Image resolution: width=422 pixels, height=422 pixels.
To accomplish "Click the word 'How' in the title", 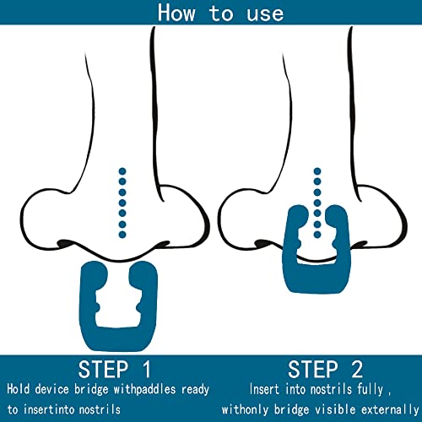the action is [x=176, y=13].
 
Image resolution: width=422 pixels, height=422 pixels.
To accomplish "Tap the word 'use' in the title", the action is [x=265, y=14].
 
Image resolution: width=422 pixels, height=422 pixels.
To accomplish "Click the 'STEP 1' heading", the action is [x=115, y=369].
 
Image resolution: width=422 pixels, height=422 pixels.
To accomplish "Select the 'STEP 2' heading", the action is [x=325, y=369].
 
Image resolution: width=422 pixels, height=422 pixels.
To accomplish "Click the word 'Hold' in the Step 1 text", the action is [x=19, y=389].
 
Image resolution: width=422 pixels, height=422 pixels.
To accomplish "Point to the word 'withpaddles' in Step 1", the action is [x=144, y=390].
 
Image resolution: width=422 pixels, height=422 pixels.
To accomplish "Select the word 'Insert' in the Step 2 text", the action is [x=264, y=389].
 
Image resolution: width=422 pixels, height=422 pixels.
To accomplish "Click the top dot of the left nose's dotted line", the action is [x=122, y=171].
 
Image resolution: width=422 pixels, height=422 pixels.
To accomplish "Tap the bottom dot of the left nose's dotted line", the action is [x=122, y=235].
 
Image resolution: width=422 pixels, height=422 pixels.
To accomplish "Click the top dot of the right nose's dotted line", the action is [x=317, y=171].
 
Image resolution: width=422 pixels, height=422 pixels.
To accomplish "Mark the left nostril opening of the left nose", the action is [x=65, y=243].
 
